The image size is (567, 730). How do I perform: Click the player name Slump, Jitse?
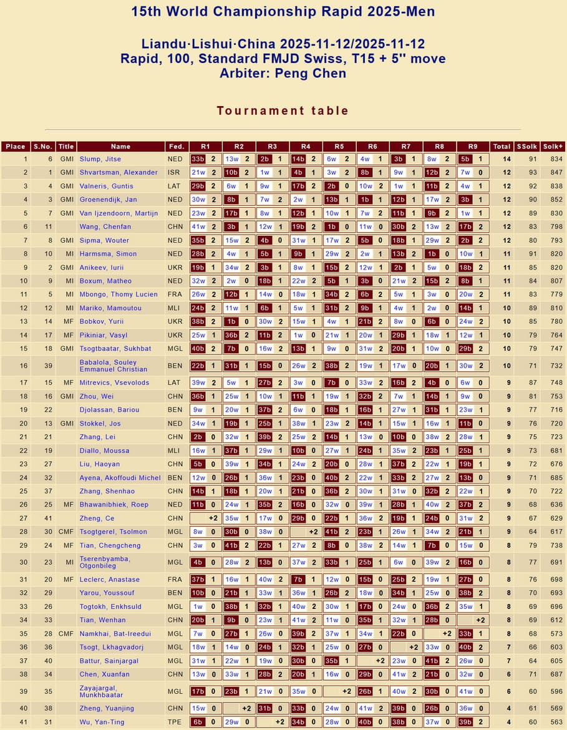(x=100, y=159)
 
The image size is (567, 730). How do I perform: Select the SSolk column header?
(x=527, y=147)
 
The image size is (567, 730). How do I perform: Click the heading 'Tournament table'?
(x=283, y=110)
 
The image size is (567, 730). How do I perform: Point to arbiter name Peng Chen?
(x=310, y=73)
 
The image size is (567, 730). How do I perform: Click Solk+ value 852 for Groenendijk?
(x=553, y=200)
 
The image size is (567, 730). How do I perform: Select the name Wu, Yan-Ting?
(x=102, y=722)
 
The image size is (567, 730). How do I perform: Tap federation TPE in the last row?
(x=175, y=722)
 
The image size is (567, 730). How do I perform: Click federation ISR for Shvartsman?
(x=175, y=172)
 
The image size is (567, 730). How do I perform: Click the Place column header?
(x=16, y=147)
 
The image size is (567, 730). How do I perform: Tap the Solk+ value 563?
(x=553, y=722)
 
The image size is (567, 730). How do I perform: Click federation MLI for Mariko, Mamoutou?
(x=175, y=308)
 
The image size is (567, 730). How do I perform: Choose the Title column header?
(x=65, y=147)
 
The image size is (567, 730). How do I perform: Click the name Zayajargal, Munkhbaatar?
(x=105, y=691)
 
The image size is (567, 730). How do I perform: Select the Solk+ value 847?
(x=553, y=172)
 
